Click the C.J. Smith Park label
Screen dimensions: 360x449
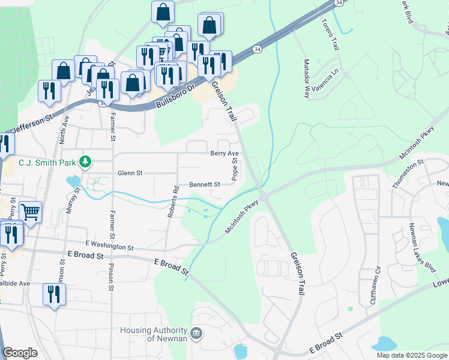(x=47, y=162)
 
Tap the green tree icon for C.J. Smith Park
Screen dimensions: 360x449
(x=86, y=161)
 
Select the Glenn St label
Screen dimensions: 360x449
(x=130, y=173)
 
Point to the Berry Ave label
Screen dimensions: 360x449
(x=224, y=154)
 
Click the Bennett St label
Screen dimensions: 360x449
(x=204, y=185)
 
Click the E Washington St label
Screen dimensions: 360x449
(x=109, y=245)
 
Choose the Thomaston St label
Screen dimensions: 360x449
(x=400, y=175)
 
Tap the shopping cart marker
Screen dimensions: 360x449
(x=30, y=211)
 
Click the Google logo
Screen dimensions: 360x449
(x=20, y=353)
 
